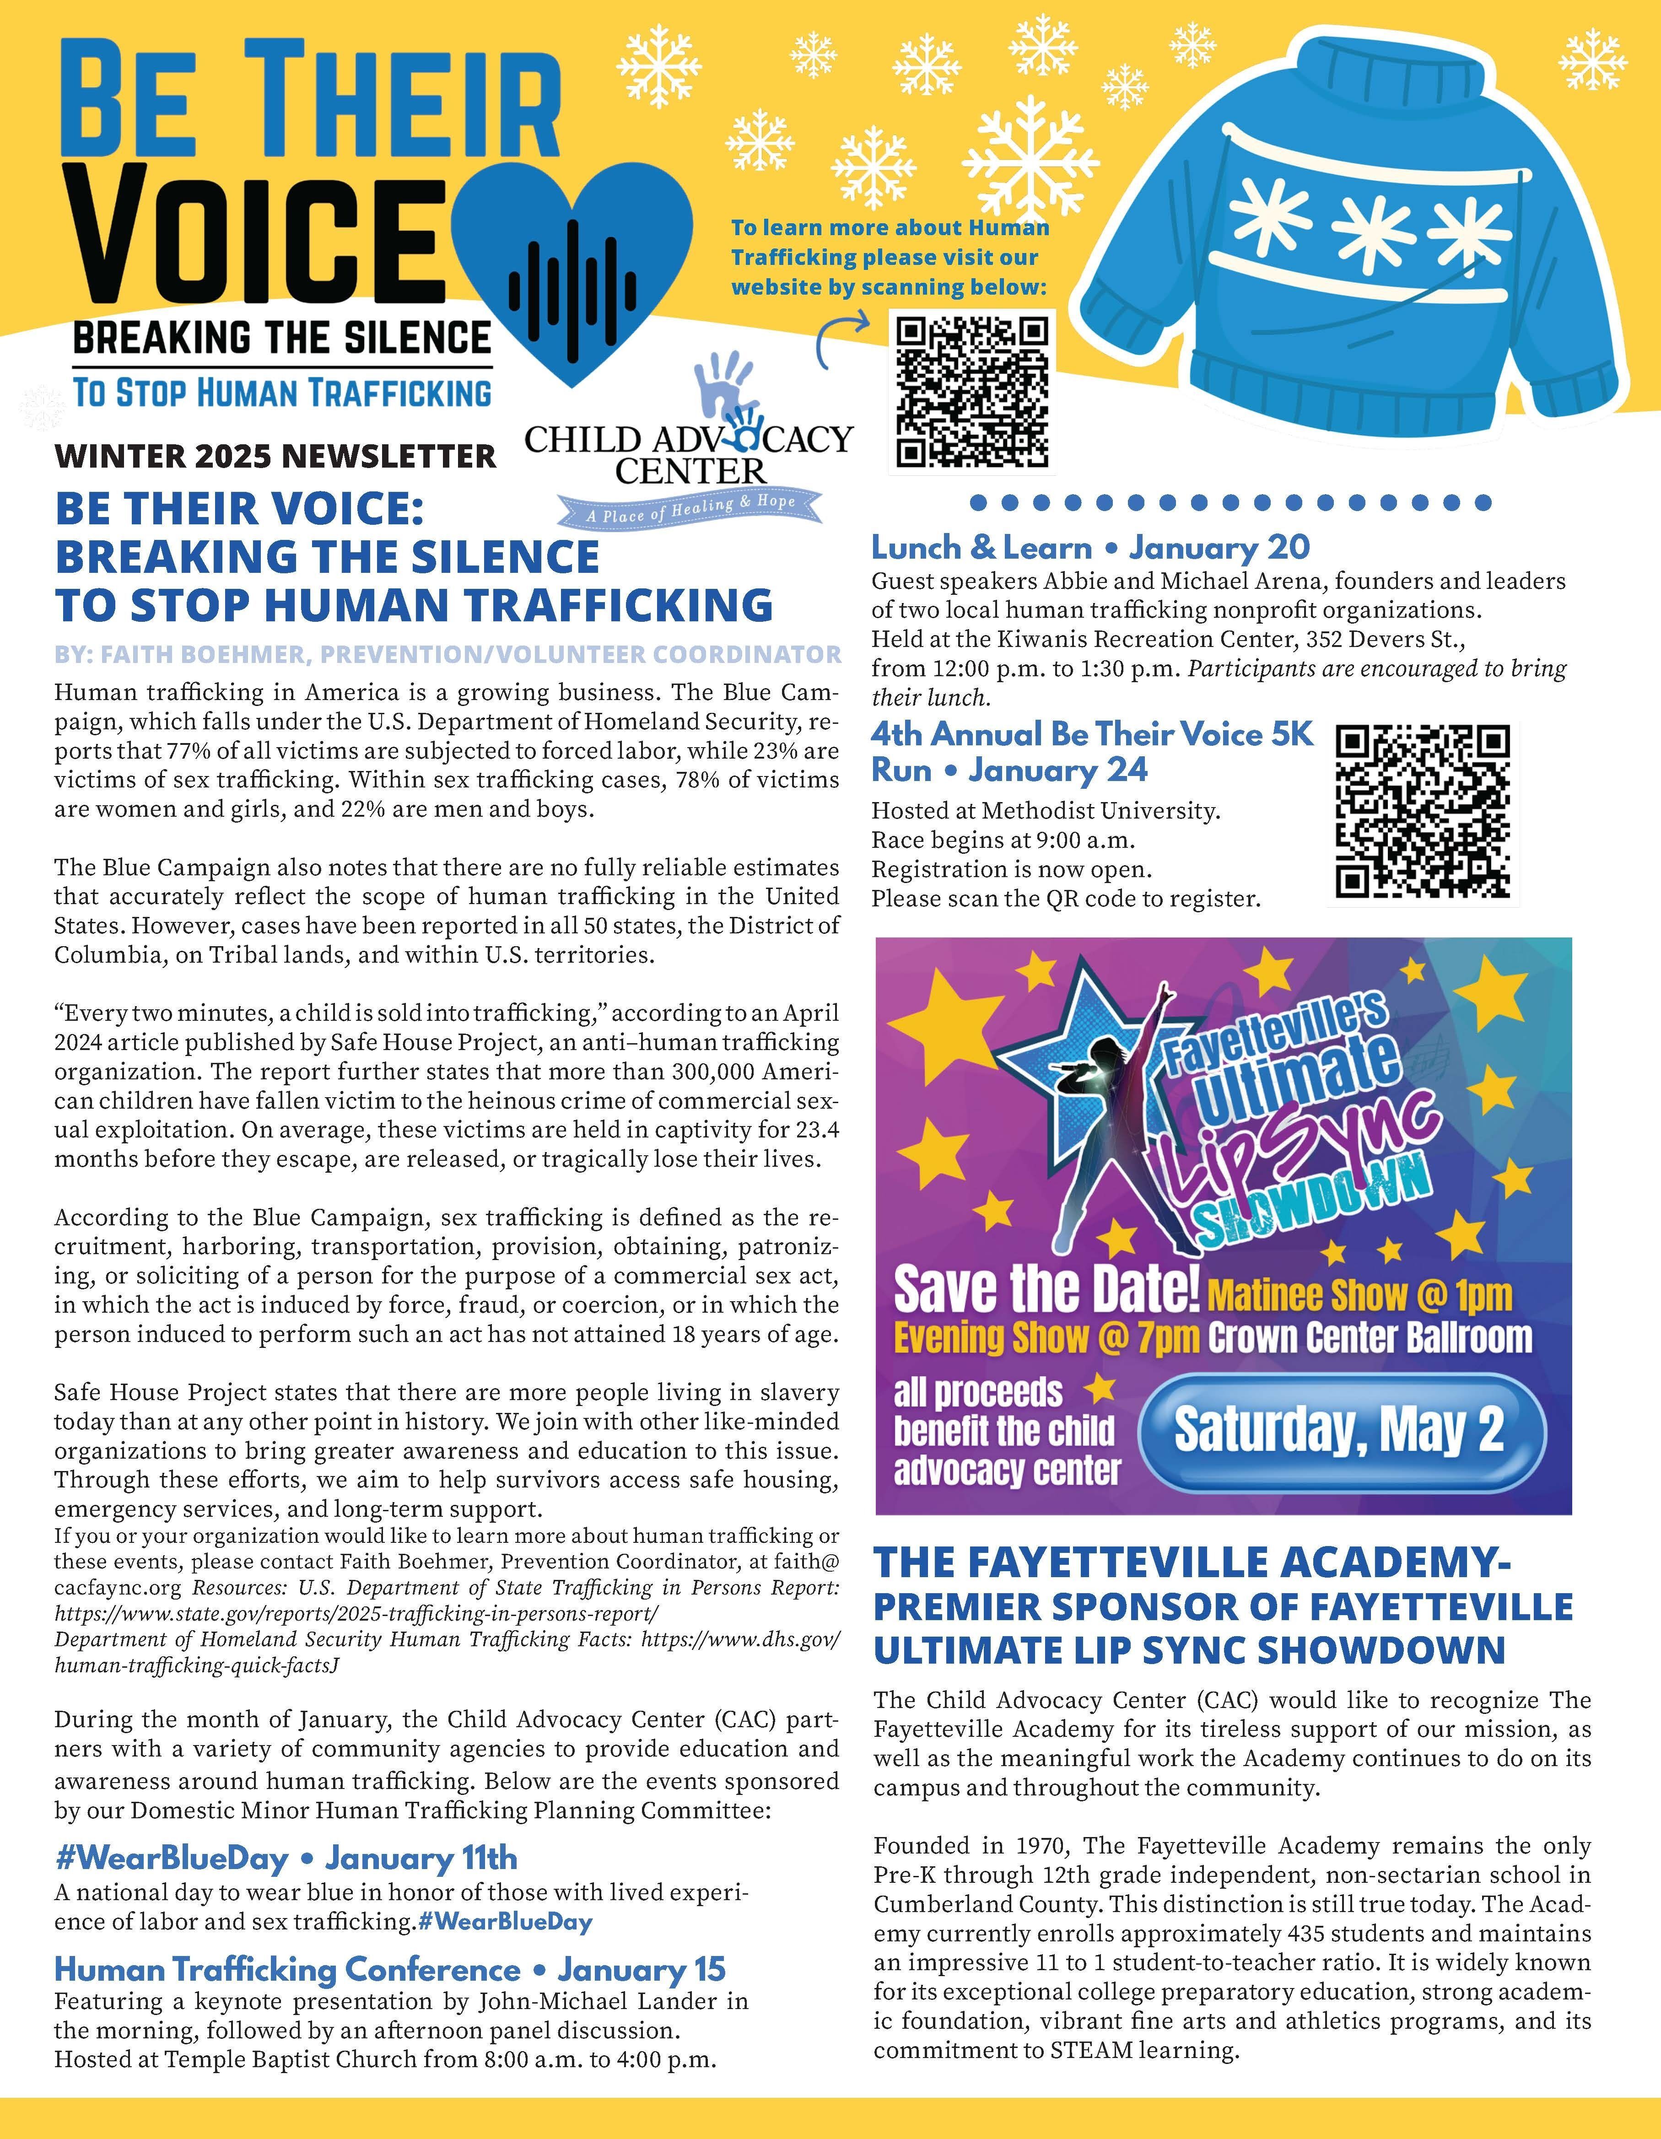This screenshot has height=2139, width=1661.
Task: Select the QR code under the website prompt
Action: (972, 392)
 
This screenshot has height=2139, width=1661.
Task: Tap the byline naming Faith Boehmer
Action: (448, 654)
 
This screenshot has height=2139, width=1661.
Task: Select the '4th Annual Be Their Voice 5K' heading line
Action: (1092, 734)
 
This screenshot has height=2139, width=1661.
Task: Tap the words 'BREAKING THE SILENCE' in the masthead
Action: (282, 338)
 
